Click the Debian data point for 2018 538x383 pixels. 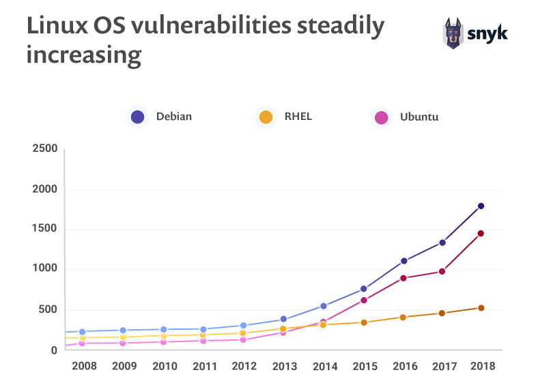(x=481, y=206)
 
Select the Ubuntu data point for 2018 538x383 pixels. (x=481, y=234)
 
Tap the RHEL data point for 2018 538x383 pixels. (x=481, y=308)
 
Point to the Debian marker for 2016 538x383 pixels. (x=403, y=261)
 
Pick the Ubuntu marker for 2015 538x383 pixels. (x=364, y=301)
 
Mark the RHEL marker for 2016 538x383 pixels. (x=403, y=318)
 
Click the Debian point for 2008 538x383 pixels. (x=83, y=332)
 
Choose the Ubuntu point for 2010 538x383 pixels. (x=163, y=341)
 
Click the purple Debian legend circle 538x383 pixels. (x=137, y=117)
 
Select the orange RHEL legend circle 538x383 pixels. (x=266, y=117)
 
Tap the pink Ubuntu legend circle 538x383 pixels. (x=381, y=117)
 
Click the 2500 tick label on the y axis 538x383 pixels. (x=45, y=149)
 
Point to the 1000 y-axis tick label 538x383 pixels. (x=45, y=270)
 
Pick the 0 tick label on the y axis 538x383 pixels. (x=53, y=350)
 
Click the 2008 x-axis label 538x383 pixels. (x=84, y=366)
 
